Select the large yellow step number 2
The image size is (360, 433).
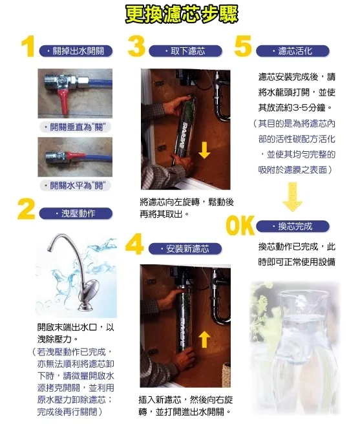tap(26, 210)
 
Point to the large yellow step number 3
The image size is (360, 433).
tap(136, 47)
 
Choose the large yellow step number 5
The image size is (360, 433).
tap(242, 47)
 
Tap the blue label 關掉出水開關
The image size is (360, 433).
tap(76, 50)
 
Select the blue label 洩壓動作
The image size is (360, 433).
tap(76, 213)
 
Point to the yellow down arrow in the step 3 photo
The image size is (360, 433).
tap(204, 151)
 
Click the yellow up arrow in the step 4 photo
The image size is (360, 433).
tap(204, 337)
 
